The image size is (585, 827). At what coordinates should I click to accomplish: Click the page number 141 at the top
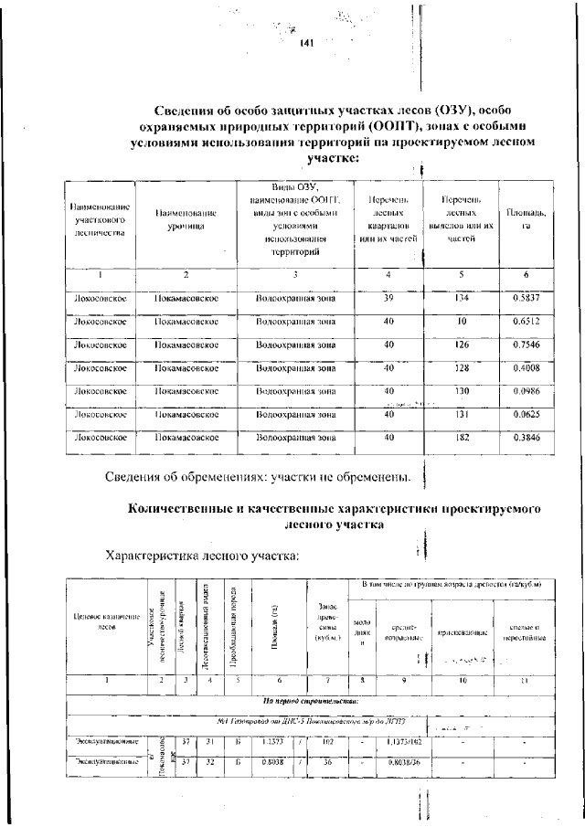[x=306, y=43]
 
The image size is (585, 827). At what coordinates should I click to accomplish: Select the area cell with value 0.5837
[x=526, y=298]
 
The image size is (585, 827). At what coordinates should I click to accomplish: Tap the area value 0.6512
[x=526, y=322]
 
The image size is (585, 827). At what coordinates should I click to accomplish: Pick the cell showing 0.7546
[x=526, y=345]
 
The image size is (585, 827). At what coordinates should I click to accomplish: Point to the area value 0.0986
[x=526, y=391]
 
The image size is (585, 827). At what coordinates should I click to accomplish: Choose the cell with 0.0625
[x=526, y=414]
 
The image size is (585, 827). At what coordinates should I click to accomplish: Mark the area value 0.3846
[x=526, y=438]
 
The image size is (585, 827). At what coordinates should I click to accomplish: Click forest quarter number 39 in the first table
[x=388, y=298]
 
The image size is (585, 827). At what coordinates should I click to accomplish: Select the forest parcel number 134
[x=462, y=298]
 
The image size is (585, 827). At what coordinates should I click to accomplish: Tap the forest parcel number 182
[x=462, y=438]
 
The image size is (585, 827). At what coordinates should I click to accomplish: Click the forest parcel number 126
[x=462, y=345]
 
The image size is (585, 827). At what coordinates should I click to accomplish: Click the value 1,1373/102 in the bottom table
[x=403, y=741]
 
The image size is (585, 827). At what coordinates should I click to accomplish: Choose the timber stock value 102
[x=329, y=741]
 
